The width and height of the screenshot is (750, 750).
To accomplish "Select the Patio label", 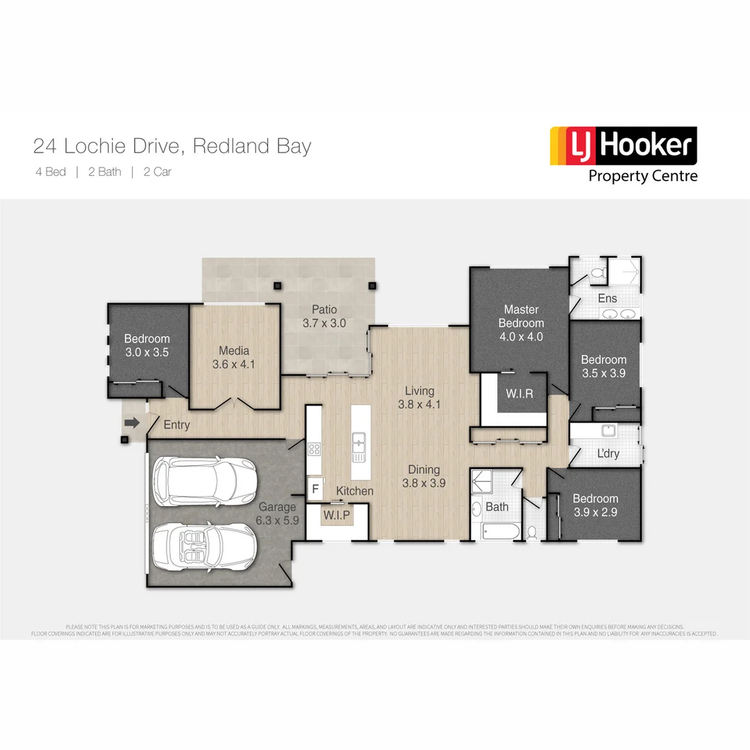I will click(324, 309).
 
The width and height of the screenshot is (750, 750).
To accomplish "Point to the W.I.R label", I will click(519, 394).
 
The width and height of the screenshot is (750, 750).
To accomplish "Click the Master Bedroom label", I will click(521, 316).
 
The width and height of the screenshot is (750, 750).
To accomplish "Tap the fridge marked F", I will click(315, 488).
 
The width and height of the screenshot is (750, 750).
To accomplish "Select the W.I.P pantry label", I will click(337, 515).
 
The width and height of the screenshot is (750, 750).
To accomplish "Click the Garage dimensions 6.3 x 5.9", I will click(278, 520).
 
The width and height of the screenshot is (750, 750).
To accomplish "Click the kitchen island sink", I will click(359, 444).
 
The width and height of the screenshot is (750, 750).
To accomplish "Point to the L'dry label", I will click(608, 454).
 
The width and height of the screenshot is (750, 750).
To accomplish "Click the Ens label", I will click(607, 299).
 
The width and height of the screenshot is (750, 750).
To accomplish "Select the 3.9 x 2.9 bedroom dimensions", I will click(595, 512).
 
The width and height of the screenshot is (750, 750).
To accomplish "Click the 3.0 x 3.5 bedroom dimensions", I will click(147, 352).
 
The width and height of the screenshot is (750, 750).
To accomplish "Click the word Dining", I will click(424, 469).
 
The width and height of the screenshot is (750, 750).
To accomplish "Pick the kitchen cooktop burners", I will click(313, 448).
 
